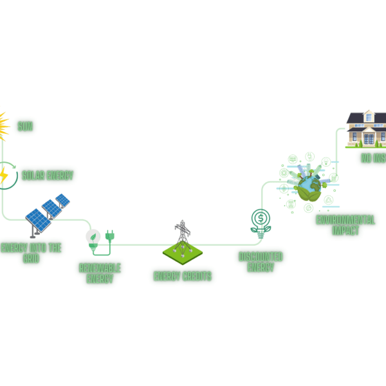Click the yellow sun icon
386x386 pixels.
pyautogui.click(x=3, y=127)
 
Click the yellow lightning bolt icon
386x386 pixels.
pyautogui.click(x=4, y=175)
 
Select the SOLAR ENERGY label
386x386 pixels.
pyautogui.click(x=47, y=175)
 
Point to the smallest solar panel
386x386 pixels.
pyautogui.click(x=62, y=200)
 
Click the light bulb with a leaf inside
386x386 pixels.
pyautogui.click(x=93, y=238)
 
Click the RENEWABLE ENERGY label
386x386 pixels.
pyautogui.click(x=100, y=273)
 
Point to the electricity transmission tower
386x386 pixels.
pyautogui.click(x=183, y=233)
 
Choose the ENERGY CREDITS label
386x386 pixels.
pyautogui.click(x=182, y=277)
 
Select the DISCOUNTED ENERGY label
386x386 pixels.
pyautogui.click(x=260, y=261)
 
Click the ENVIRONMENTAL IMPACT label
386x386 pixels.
pyautogui.click(x=345, y=226)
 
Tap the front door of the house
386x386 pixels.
pyautogui.click(x=369, y=138)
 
